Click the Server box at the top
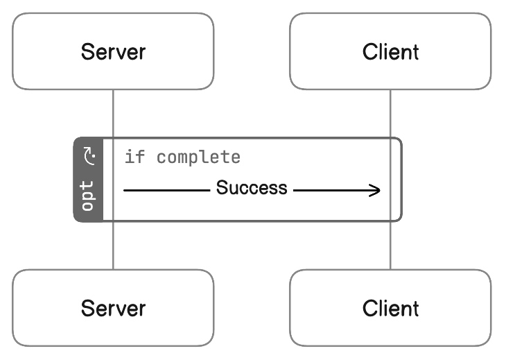tap(113, 51)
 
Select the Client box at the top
tap(390, 51)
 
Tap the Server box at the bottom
tap(113, 308)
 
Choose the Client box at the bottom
tap(390, 308)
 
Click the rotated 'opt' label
tap(87, 196)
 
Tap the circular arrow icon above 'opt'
tap(89, 156)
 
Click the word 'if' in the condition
tap(135, 157)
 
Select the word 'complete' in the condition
tap(198, 157)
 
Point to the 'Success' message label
tap(252, 187)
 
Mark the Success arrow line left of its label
tap(167, 191)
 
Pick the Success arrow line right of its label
tap(337, 191)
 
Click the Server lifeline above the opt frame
tap(113, 113)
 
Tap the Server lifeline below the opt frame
tap(113, 246)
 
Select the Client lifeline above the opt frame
tap(390, 113)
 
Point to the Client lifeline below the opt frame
tap(390, 246)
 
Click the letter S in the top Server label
tap(87, 51)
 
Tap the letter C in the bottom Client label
tap(370, 308)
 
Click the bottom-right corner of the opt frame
tap(401, 221)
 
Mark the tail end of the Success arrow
tap(124, 191)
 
